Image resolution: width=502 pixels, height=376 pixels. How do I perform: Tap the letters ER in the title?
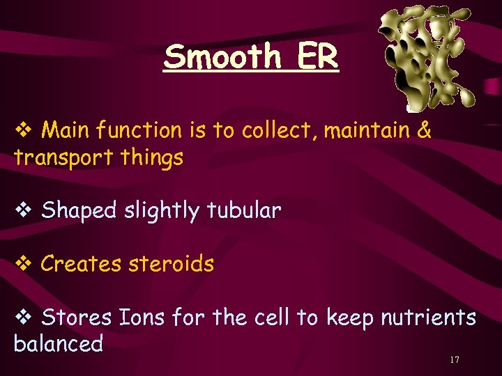pyautogui.click(x=317, y=57)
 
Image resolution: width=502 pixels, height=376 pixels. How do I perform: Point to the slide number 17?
pyautogui.click(x=455, y=359)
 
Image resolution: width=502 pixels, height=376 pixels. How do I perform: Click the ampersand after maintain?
pyautogui.click(x=424, y=130)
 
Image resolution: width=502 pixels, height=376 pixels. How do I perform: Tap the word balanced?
pyautogui.click(x=59, y=343)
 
